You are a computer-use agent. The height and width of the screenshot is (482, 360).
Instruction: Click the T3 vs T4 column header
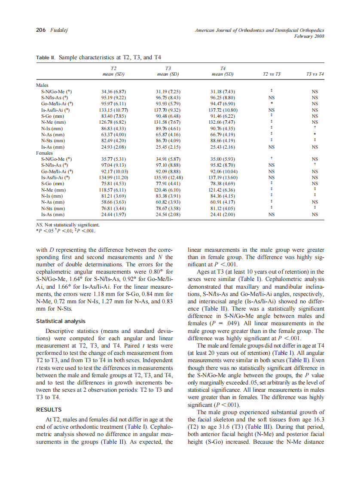click(x=314, y=74)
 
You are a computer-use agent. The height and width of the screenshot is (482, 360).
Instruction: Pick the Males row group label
click(x=43, y=85)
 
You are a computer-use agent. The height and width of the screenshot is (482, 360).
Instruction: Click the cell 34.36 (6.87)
click(x=113, y=92)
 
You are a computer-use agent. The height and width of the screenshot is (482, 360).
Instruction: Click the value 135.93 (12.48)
click(x=168, y=177)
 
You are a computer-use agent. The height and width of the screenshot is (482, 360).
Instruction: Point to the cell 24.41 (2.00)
click(x=223, y=214)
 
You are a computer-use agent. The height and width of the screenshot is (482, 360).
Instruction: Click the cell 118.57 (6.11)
click(x=113, y=189)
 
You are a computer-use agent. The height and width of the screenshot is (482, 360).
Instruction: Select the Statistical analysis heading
click(x=61, y=321)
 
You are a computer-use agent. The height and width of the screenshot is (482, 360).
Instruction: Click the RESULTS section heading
click(x=49, y=409)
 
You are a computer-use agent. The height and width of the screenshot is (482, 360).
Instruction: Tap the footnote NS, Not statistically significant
click(x=67, y=224)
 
